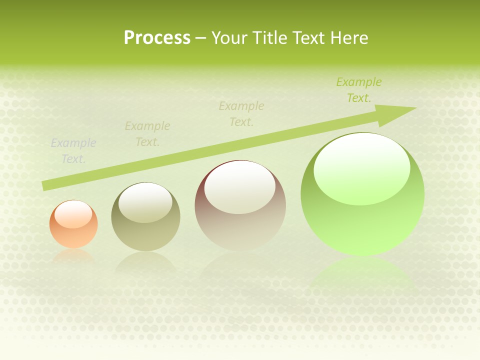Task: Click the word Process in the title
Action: point(157,38)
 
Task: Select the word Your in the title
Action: point(228,38)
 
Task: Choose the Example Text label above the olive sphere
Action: point(147,134)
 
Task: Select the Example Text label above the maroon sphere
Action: point(241,113)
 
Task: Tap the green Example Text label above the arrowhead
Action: point(359,90)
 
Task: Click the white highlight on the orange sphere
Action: point(73,214)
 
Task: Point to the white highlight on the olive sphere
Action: point(145,202)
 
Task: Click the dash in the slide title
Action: point(201,38)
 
